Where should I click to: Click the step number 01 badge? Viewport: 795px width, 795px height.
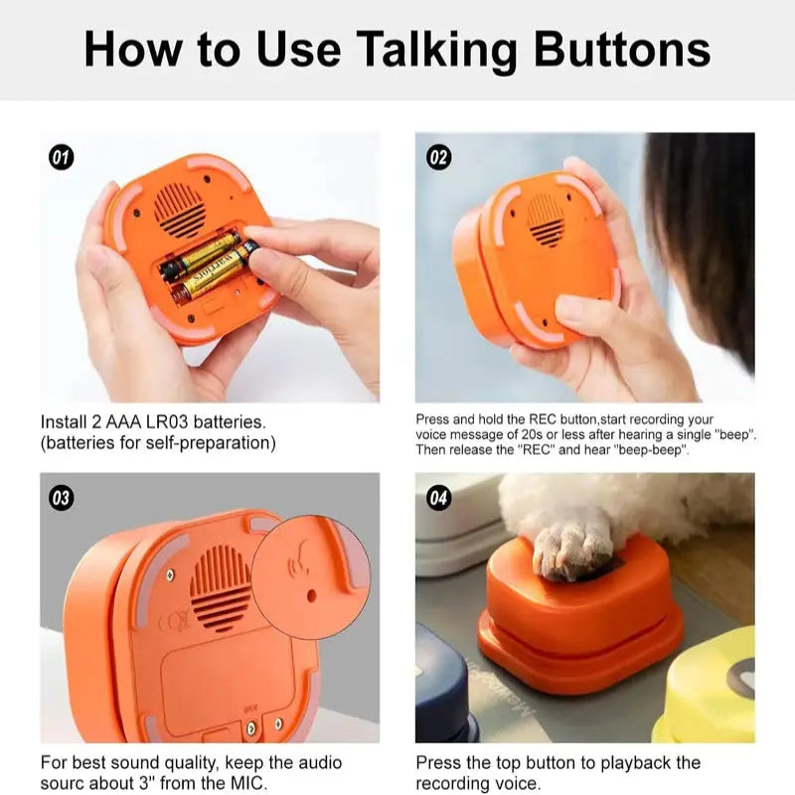pos(61,156)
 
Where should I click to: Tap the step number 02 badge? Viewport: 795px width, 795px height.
pos(438,156)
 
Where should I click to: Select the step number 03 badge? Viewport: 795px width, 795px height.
pos(61,497)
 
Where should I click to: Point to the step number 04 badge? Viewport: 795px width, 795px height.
pos(438,497)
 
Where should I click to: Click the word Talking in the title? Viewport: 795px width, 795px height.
pos(442,48)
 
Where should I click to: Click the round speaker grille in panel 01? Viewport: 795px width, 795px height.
pos(181,210)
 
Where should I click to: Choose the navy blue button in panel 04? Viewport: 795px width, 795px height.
pos(442,686)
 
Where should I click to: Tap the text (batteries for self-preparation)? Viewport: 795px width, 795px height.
pos(158,443)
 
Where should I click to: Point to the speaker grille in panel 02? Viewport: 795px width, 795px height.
pos(545,219)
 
